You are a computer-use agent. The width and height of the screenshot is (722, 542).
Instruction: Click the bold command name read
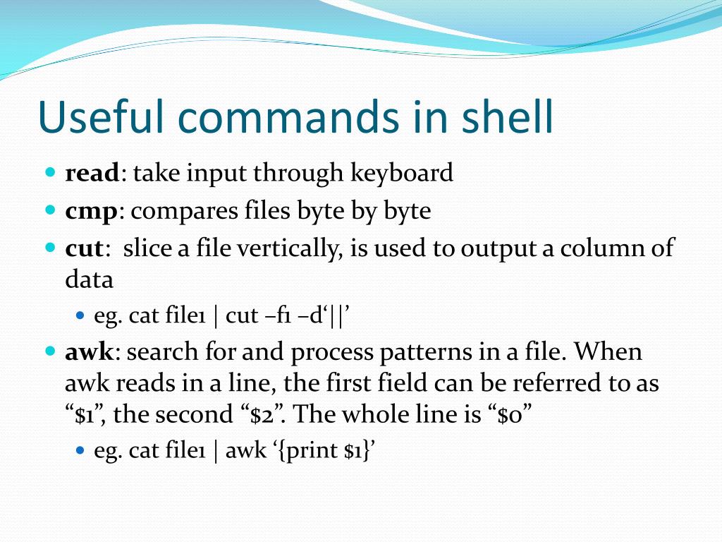click(92, 173)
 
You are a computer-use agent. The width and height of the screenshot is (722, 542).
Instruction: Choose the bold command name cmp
click(91, 211)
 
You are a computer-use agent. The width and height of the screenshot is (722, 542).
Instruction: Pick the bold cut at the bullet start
click(84, 248)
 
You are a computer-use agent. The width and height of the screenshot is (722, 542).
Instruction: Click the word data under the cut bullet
click(89, 280)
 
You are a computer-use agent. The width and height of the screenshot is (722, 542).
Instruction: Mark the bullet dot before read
click(50, 172)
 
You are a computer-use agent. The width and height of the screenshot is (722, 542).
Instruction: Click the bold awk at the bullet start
click(89, 351)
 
